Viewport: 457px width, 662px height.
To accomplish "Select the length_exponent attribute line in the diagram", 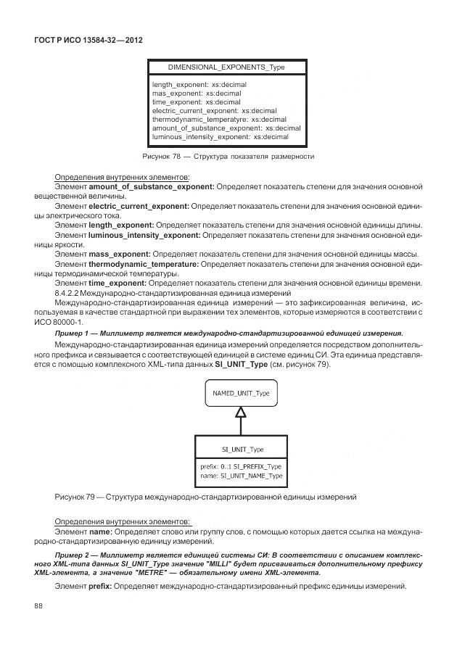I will [x=199, y=85].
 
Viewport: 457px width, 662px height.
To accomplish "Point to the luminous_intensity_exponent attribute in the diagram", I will [x=220, y=137].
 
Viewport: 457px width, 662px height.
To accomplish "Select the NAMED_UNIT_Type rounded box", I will [x=240, y=392].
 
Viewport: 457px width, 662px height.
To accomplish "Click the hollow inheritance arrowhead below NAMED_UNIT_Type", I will [x=240, y=413].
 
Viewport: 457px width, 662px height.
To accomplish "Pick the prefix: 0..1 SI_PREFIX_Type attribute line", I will [x=240, y=466].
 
